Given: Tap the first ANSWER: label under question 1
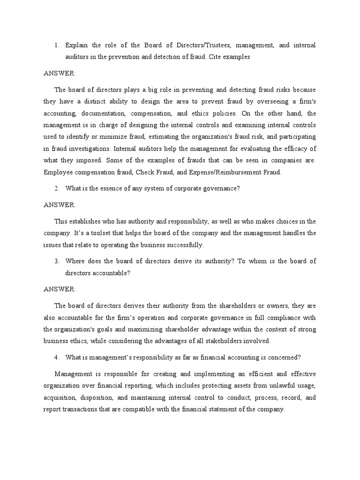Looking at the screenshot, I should coord(59,74).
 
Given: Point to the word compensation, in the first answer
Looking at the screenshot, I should coord(151,114).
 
